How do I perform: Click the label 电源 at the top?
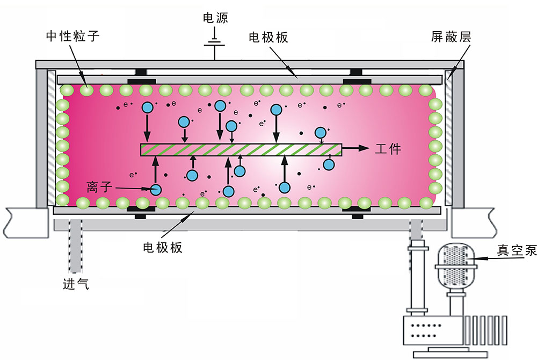[x=215, y=18]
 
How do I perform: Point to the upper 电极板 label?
[x=268, y=37]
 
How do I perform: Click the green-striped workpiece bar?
[x=241, y=150]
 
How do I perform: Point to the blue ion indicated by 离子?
[x=156, y=190]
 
